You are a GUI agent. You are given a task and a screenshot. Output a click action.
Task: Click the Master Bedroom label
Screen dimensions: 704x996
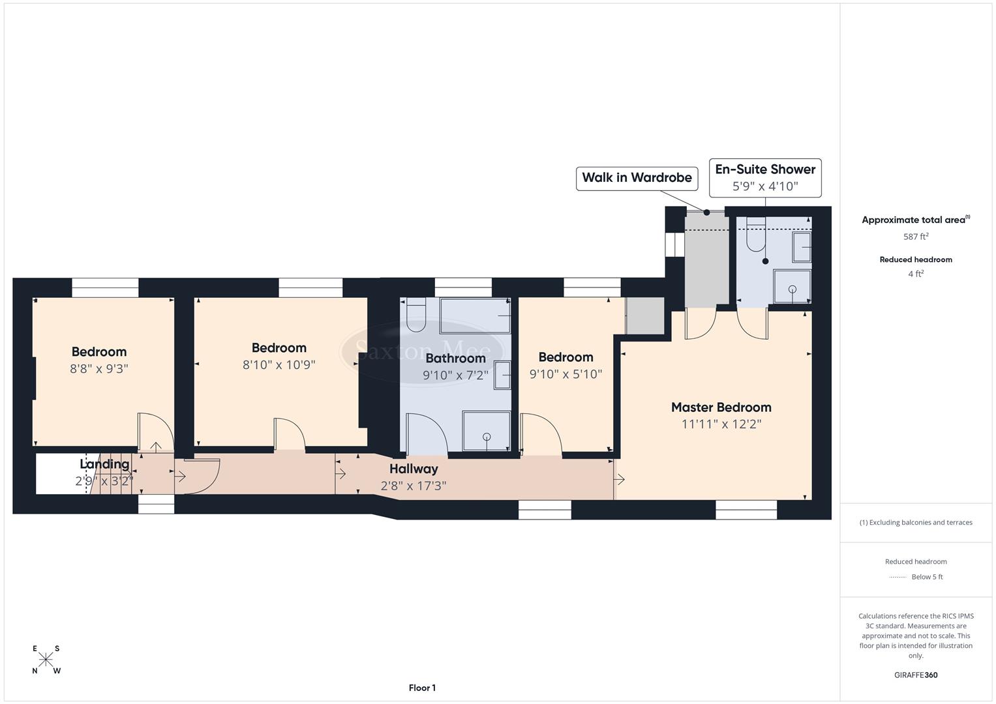[721, 407]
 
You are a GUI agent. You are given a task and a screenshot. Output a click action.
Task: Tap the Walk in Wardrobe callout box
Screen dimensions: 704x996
[636, 178]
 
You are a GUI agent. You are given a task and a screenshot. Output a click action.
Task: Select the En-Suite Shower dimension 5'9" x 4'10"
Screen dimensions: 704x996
[764, 186]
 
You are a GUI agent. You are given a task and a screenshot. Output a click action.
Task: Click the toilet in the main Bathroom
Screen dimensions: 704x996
[415, 315]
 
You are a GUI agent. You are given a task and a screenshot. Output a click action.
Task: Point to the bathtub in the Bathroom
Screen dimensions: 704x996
[475, 316]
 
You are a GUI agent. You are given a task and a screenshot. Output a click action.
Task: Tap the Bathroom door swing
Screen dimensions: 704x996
[425, 434]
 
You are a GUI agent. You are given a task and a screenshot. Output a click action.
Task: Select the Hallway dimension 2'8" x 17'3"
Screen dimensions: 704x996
[414, 486]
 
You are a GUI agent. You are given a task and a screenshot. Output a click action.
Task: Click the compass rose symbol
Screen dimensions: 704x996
[46, 660]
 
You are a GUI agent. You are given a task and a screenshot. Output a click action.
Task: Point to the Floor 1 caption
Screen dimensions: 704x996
[422, 688]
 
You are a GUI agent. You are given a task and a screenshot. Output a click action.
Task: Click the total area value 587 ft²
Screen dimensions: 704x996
[916, 237]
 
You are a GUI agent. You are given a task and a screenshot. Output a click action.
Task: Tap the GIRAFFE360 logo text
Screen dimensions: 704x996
[916, 675]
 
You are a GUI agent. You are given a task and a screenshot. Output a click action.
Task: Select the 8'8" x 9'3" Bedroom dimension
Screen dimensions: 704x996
[99, 368]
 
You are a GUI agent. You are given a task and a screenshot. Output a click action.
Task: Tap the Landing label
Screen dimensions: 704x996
[104, 464]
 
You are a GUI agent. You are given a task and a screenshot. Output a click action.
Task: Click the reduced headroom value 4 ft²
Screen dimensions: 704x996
[916, 274]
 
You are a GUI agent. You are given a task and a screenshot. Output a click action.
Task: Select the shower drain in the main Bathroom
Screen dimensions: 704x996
[487, 437]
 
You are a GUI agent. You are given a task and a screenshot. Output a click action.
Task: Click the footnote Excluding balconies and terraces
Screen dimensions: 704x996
[916, 522]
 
